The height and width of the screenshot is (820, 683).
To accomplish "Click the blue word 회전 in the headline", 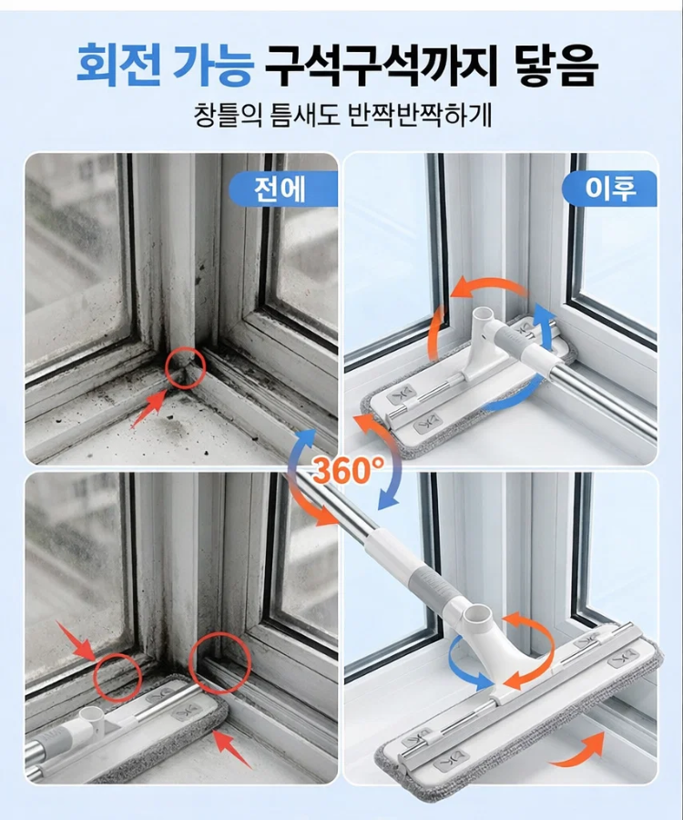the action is click(119, 65).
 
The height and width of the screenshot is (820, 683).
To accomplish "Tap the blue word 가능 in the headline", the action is click(213, 65).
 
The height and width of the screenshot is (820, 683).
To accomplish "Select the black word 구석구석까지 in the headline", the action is click(382, 65).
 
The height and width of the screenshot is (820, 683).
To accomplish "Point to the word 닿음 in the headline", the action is click(556, 65).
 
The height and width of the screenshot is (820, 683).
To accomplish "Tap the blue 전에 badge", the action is click(282, 189).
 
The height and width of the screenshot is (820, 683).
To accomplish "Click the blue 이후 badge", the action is click(609, 188).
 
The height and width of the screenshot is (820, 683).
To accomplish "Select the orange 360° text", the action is click(348, 469).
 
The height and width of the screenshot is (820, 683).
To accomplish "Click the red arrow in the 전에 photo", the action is click(148, 409).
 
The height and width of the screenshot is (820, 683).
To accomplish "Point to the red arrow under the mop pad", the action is click(231, 749).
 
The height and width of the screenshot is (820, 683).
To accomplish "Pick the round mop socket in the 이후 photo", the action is click(483, 316).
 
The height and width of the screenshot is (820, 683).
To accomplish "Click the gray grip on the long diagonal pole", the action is click(437, 586).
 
